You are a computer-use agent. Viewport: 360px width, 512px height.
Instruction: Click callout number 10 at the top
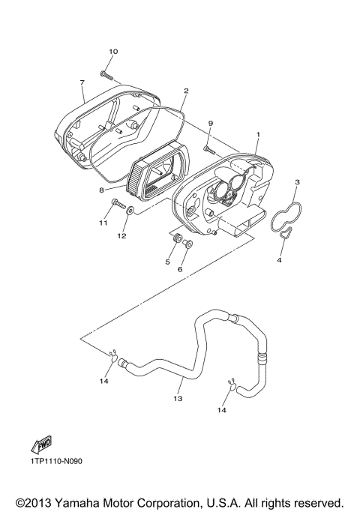coord(112,52)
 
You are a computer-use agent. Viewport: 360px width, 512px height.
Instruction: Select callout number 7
coord(81,82)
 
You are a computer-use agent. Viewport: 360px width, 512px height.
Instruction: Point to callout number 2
coord(185,91)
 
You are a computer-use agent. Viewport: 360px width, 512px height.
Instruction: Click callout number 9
coord(211,123)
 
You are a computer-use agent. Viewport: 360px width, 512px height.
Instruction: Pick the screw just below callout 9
coord(209,150)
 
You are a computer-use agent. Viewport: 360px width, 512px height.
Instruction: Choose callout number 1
coord(257,136)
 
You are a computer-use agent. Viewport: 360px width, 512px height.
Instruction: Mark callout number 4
coord(279,260)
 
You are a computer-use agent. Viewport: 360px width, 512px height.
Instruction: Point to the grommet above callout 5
coord(178,240)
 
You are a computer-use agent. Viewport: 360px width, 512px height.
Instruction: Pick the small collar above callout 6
coord(187,244)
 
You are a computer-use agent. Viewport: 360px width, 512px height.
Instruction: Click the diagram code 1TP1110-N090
coord(56,461)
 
